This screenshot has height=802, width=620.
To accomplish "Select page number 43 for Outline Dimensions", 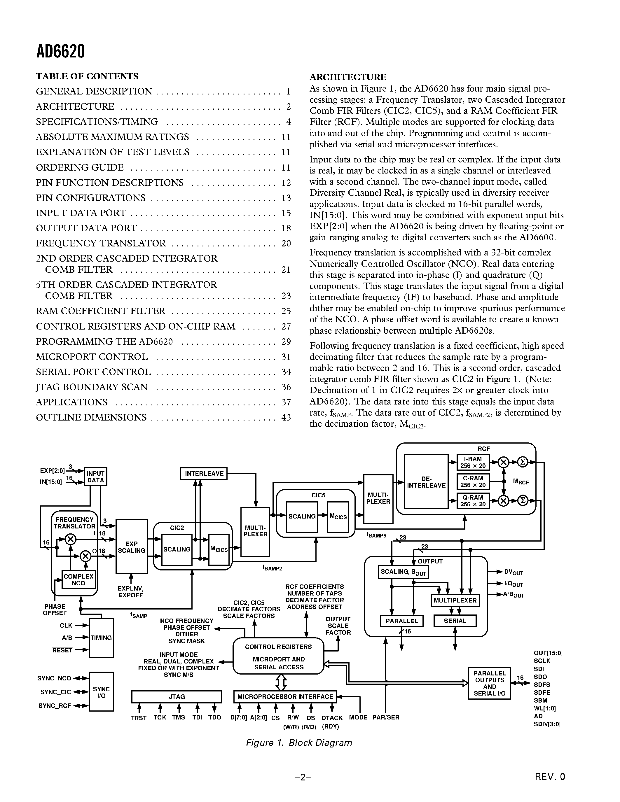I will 286,418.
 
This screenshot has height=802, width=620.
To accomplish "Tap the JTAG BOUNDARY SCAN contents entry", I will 92,387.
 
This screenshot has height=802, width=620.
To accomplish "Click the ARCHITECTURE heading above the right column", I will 348,77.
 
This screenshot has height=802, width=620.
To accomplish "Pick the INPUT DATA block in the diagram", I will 95,477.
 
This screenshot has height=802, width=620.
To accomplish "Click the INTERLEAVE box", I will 204,474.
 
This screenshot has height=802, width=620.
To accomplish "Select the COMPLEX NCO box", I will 78,580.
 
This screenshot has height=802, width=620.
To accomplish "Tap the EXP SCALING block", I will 132,547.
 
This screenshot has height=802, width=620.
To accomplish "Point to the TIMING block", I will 101,638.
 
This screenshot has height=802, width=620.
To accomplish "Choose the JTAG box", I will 177,697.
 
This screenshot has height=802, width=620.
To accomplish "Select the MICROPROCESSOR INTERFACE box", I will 285,697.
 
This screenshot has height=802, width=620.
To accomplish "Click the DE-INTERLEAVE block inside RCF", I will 426,482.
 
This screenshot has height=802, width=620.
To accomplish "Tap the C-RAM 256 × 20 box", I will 473,481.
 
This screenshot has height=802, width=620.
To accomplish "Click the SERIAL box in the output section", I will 455,621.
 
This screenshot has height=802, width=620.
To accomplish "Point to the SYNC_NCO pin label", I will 54,678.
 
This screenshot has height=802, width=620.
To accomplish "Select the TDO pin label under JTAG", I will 214,717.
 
